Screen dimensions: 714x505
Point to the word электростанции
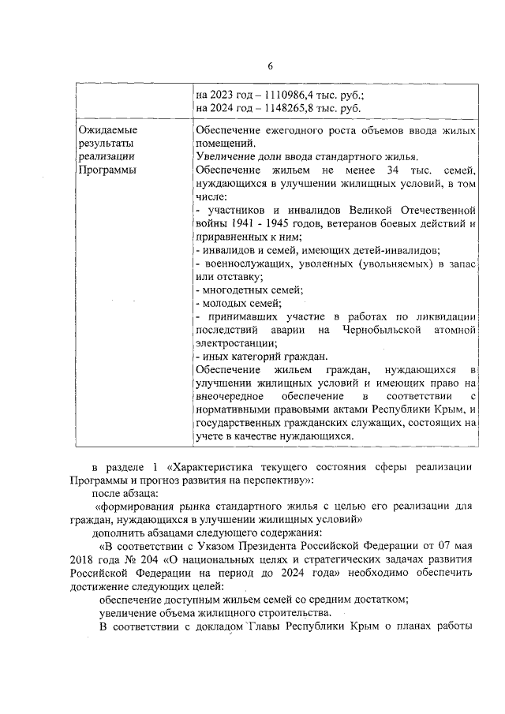(x=234, y=342)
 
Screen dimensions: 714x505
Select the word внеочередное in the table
(x=232, y=396)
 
